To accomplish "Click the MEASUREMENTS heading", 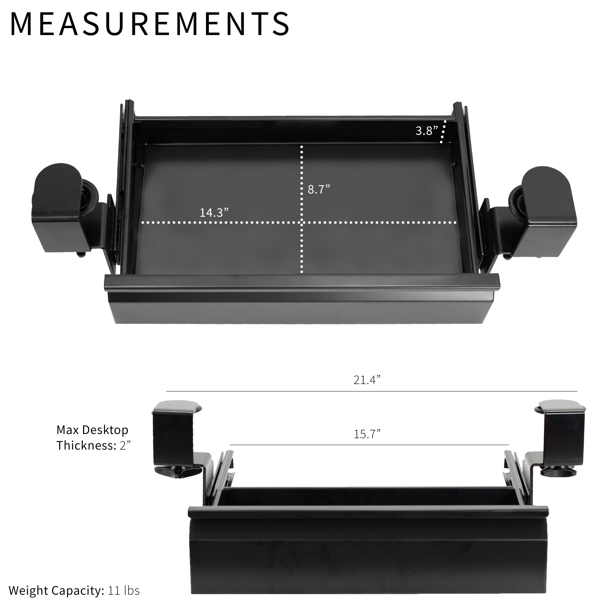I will (150, 24).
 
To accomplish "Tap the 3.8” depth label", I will (427, 131).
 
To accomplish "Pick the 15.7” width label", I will (367, 435).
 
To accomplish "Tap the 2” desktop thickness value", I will (125, 445).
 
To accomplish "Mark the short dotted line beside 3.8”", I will (443, 131).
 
